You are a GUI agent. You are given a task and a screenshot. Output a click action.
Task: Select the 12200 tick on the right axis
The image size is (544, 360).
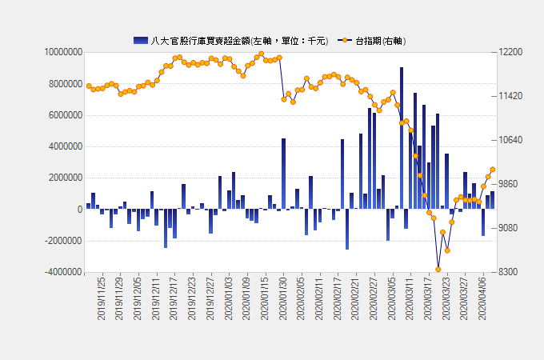pyautogui.click(x=510, y=52)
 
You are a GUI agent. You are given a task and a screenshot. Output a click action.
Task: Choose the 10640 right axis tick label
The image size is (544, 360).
pyautogui.click(x=510, y=140)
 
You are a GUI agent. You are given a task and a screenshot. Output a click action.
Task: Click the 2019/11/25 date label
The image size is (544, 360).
pyautogui.click(x=102, y=298)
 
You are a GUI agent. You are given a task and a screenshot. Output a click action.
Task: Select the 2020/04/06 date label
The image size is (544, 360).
pyautogui.click(x=482, y=298)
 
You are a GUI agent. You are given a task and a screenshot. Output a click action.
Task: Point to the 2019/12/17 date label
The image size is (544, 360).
pyautogui.click(x=174, y=298)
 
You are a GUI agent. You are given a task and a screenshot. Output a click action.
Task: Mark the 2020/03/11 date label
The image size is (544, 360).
pyautogui.click(x=409, y=298)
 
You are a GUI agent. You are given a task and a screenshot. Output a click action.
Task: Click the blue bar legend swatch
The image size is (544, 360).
pyautogui.click(x=141, y=40)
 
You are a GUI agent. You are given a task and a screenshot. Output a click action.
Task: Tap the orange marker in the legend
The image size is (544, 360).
pyautogui.click(x=345, y=40)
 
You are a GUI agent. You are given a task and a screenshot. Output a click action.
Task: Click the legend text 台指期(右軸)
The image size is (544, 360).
pyautogui.click(x=380, y=40)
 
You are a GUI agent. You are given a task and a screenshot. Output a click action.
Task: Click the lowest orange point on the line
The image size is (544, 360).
pyautogui.click(x=438, y=270)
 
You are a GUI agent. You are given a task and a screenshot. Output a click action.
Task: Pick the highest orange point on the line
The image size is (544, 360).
pyautogui.click(x=261, y=54)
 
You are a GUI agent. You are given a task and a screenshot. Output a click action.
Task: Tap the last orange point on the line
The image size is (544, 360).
pyautogui.click(x=493, y=170)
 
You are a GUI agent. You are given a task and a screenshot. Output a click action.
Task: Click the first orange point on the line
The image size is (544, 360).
pyautogui.click(x=89, y=86)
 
